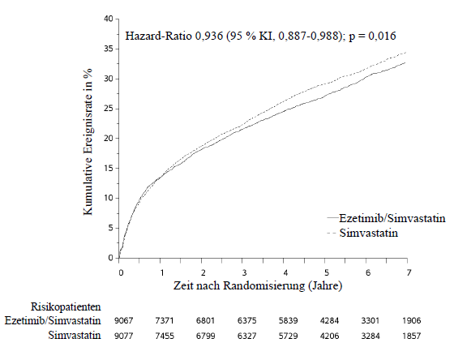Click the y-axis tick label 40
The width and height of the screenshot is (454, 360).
pos(109,19)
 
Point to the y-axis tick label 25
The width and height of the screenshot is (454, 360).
pos(109,109)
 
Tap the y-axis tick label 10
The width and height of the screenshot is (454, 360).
pos(109,198)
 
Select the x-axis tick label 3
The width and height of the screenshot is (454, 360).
pos(244,272)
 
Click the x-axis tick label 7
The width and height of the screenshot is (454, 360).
pos(409,272)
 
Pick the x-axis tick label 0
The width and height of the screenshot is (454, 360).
pos(121,272)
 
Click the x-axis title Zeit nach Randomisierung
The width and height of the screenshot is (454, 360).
pos(239,285)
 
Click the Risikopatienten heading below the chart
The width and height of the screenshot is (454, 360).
pos(66,306)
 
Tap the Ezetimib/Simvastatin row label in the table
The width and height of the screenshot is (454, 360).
pos(53,320)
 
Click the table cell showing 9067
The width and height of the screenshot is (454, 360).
pos(123,320)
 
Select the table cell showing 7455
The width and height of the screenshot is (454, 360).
pos(165,336)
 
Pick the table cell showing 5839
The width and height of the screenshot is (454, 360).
pos(288,320)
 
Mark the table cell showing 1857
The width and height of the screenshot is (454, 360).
pos(412,336)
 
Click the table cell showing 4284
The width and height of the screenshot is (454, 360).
pos(329,320)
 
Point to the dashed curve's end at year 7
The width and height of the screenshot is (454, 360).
pos(406,52)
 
